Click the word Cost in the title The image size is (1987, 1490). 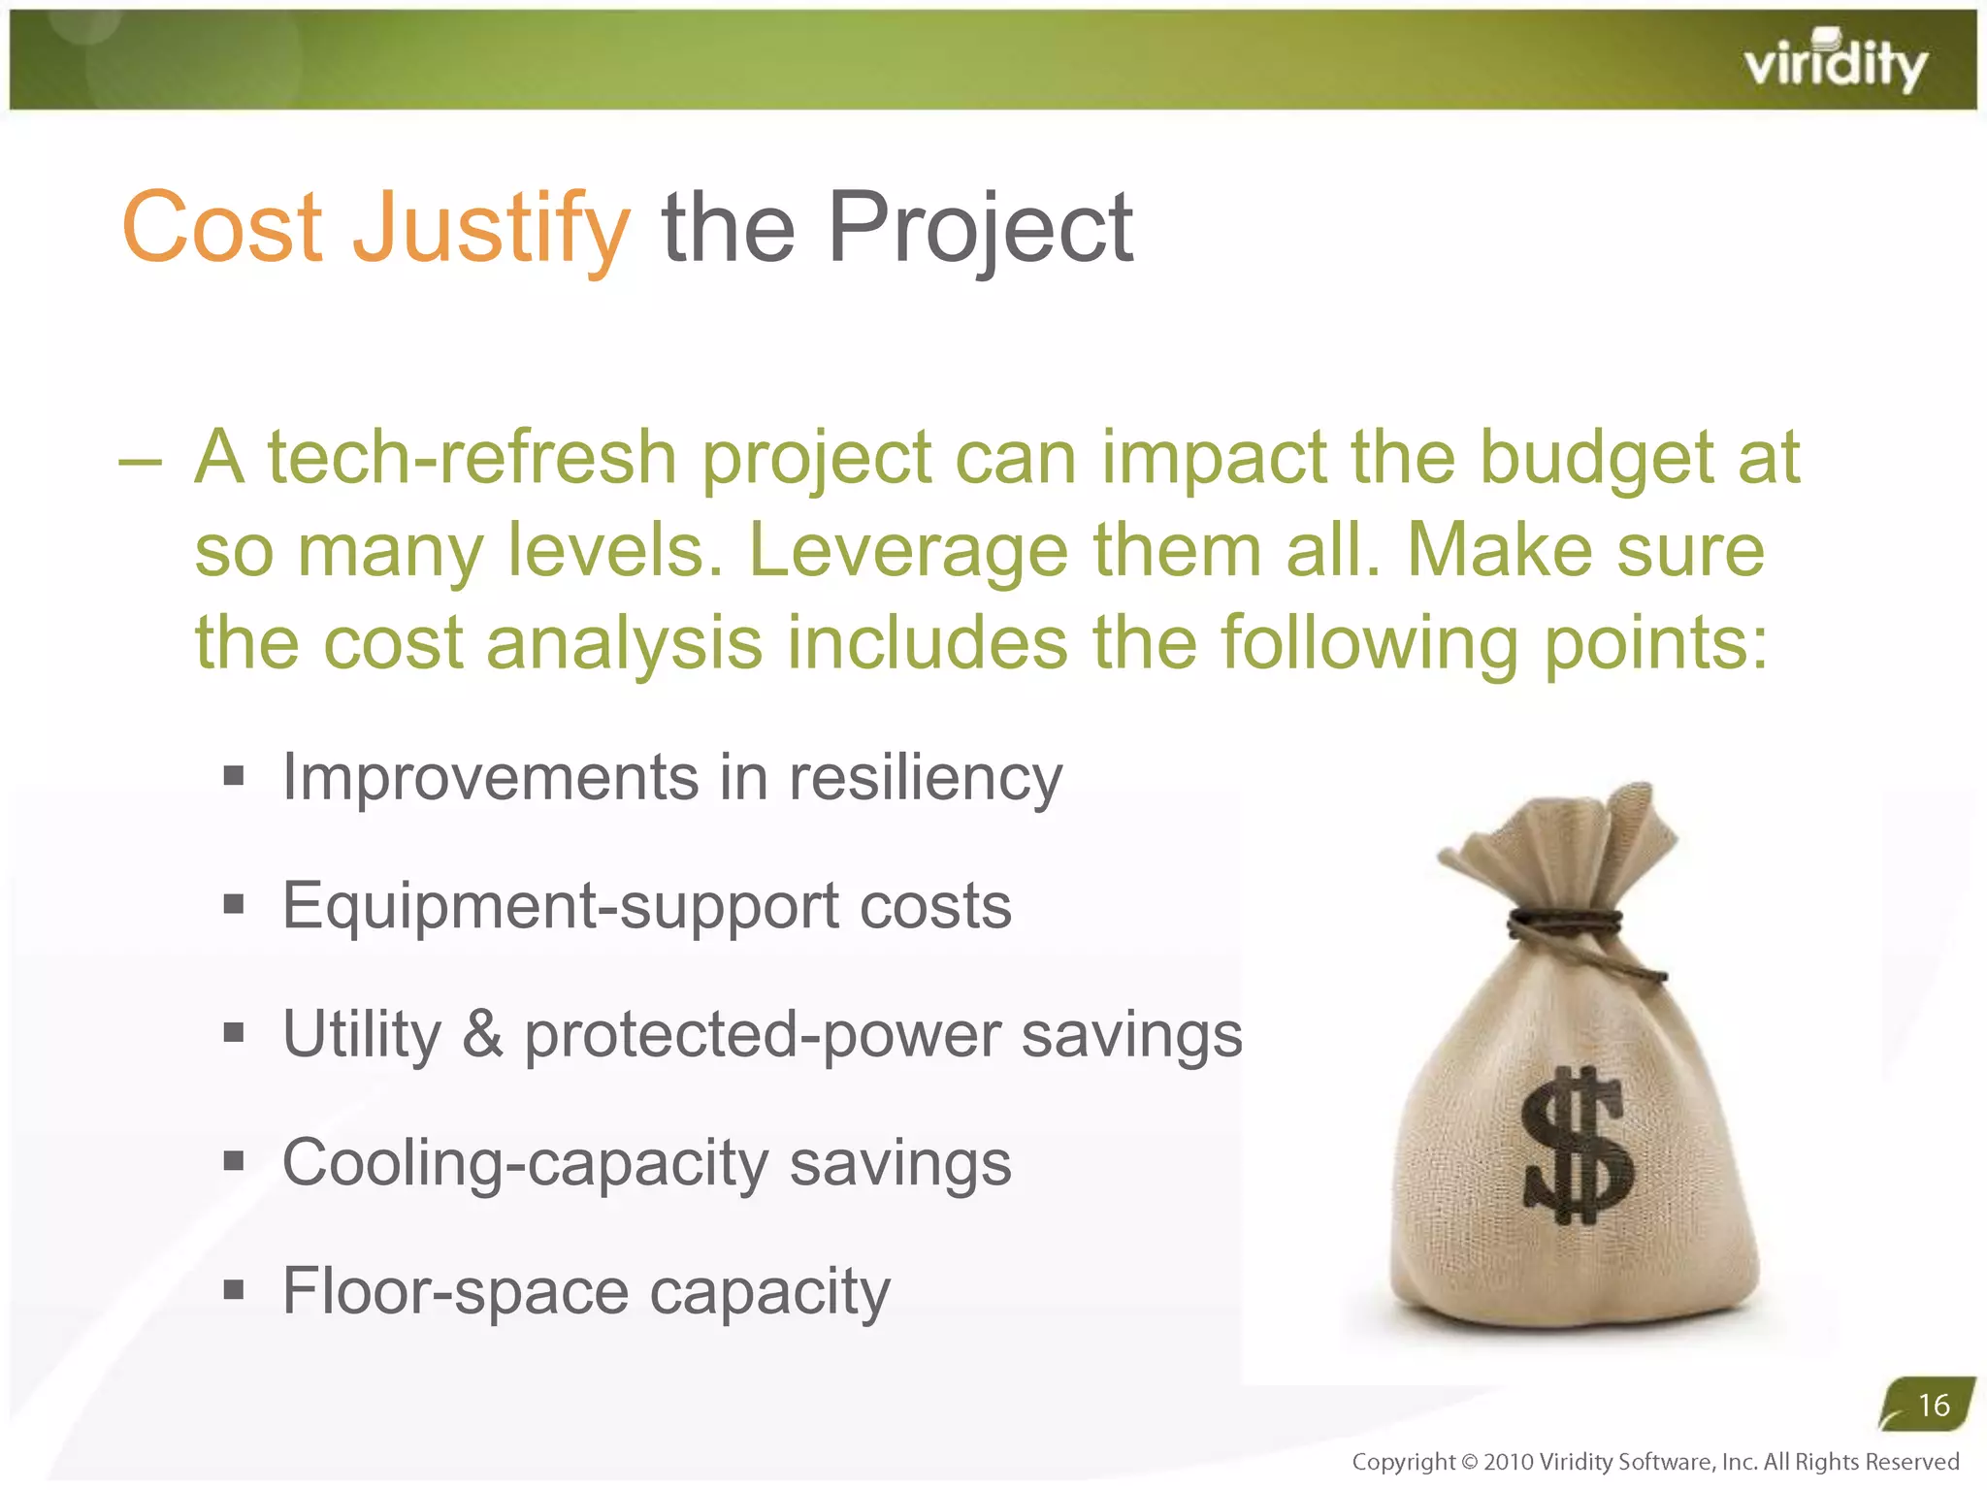tap(221, 228)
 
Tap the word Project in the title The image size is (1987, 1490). tap(980, 228)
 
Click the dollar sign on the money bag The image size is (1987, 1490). tap(1576, 1146)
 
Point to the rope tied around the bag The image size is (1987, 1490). tap(1564, 923)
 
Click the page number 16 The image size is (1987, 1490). tap(1934, 1405)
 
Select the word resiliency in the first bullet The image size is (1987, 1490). tap(926, 779)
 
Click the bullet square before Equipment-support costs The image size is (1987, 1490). tap(233, 905)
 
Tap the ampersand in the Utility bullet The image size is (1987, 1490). tap(482, 1034)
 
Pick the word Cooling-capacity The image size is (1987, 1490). tap(524, 1163)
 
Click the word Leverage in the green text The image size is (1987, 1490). tap(908, 551)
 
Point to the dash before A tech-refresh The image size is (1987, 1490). tap(139, 463)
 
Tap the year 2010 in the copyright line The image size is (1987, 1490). tap(1509, 1462)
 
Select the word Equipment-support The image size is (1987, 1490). tap(559, 907)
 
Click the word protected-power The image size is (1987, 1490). tap(762, 1036)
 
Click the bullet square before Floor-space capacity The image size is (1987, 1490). tap(233, 1290)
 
